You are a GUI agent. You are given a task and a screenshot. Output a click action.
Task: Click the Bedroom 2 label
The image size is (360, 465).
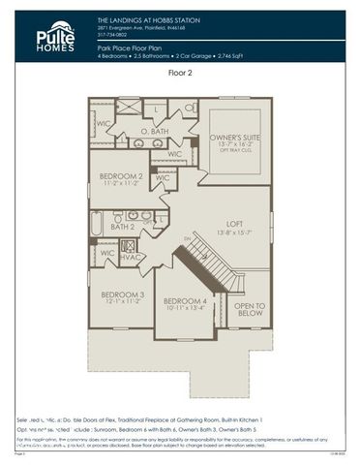[121, 176]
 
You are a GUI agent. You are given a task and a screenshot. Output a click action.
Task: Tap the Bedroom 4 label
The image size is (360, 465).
[186, 301]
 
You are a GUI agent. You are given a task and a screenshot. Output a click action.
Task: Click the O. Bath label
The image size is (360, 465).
[155, 131]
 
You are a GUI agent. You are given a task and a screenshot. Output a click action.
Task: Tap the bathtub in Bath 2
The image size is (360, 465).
[97, 223]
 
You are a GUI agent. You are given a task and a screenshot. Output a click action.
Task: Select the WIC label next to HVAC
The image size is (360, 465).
[107, 252]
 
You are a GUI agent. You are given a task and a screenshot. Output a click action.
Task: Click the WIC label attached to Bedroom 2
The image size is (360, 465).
[163, 178]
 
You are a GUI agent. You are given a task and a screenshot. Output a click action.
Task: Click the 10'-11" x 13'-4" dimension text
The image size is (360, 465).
[186, 311]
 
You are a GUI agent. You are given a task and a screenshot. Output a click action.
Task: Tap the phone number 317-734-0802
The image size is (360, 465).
[114, 35]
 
